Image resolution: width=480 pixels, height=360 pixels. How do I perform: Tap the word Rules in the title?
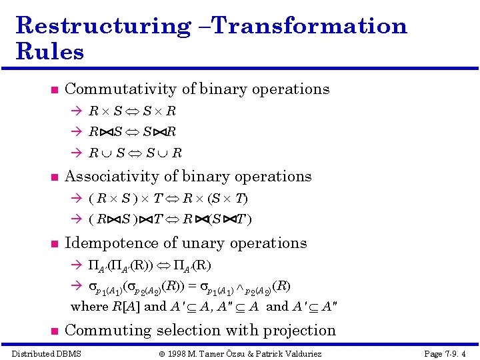pyautogui.click(x=49, y=51)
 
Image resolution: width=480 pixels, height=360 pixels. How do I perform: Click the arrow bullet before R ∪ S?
pyautogui.click(x=76, y=153)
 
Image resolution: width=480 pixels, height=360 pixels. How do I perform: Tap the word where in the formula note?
pyautogui.click(x=89, y=306)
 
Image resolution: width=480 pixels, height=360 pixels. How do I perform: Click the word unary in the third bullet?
pyautogui.click(x=220, y=243)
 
